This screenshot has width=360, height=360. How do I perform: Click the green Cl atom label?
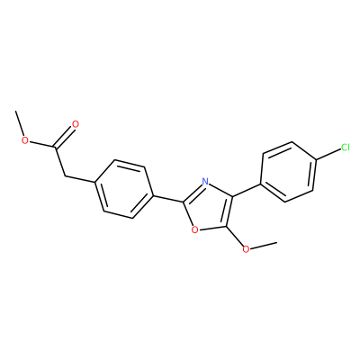(346, 148)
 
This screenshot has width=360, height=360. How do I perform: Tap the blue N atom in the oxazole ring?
(205, 181)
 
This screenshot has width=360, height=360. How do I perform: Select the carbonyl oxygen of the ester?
(76, 124)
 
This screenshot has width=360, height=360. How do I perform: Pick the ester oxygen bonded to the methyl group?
(25, 140)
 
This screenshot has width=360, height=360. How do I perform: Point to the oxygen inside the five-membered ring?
(194, 230)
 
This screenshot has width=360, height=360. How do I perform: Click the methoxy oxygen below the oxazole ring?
(246, 249)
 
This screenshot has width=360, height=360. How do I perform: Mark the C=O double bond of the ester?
(64, 137)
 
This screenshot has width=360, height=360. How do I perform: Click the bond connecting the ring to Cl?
(328, 155)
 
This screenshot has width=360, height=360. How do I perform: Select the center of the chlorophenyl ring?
(288, 172)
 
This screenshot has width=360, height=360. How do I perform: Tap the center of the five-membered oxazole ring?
(210, 207)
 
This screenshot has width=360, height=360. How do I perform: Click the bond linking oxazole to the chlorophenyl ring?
(247, 191)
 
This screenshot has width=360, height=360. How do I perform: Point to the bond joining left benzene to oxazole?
(168, 199)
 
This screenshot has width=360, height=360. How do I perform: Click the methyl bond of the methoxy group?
(263, 245)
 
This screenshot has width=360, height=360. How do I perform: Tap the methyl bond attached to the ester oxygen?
(20, 123)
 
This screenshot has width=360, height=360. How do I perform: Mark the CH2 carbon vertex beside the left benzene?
(65, 175)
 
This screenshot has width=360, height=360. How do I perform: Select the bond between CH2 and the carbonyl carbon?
(59, 161)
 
